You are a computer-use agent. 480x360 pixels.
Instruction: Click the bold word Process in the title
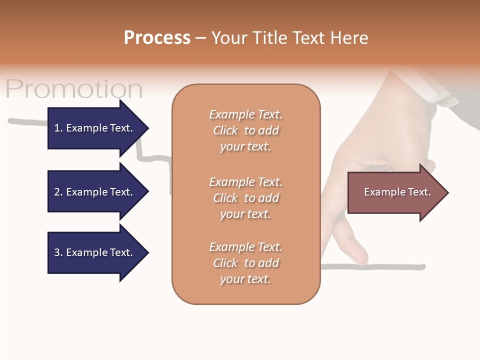click(157, 38)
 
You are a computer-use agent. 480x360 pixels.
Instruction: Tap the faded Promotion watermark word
click(74, 89)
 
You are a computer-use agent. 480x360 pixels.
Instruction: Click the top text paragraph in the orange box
click(245, 130)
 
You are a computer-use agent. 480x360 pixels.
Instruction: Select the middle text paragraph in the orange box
click(245, 198)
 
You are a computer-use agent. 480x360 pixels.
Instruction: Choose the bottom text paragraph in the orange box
click(245, 263)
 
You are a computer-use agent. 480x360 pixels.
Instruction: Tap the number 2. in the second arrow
click(58, 192)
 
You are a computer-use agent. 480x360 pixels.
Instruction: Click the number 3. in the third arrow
click(58, 252)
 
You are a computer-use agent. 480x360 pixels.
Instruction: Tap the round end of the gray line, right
click(423, 266)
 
